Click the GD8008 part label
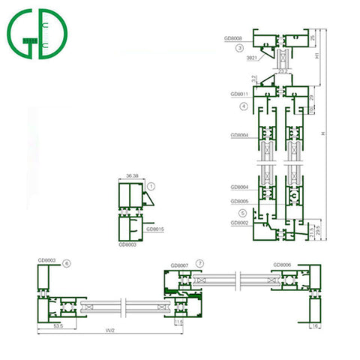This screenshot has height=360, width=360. tap(234, 36)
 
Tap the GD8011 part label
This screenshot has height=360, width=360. tap(239, 94)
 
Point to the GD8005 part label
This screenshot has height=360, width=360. tap(239, 202)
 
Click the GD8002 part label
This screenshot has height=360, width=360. tap(239, 223)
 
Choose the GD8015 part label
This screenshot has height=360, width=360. tap(154, 229)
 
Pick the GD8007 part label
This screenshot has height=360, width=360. tap(180, 265)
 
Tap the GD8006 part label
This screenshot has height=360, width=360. tap(282, 264)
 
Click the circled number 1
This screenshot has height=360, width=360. tap(151, 185)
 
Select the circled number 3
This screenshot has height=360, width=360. tap(239, 47)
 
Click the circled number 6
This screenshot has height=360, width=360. tap(67, 264)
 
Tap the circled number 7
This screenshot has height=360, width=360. tap(199, 264)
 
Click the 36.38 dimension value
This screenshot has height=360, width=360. tap(133, 176)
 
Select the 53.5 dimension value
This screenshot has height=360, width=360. tap(57, 327)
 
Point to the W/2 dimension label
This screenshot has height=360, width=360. tap(111, 334)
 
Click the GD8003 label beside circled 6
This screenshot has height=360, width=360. tap(47, 260)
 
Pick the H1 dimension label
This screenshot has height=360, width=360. tap(318, 56)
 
